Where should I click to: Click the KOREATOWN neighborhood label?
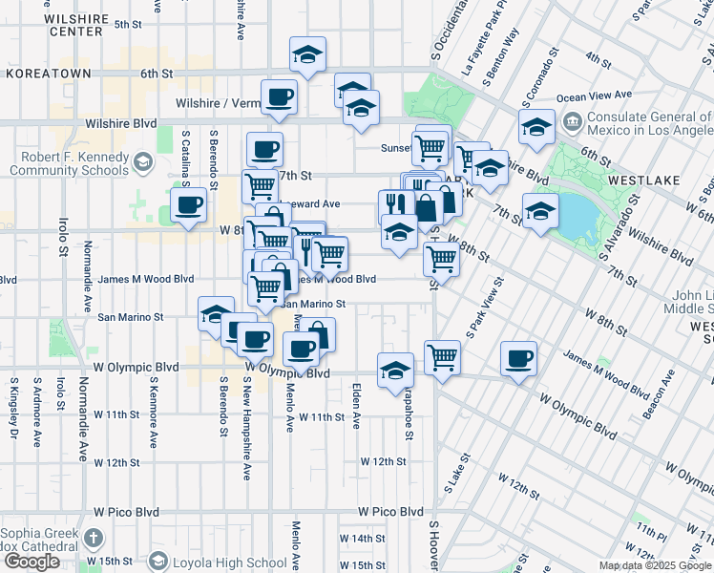48,73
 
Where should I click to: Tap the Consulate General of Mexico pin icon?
572,122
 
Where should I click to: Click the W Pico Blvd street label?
390,512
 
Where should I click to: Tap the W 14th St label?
366,539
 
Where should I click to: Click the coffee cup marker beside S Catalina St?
188,204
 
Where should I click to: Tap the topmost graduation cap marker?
307,54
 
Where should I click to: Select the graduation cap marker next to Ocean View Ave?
537,126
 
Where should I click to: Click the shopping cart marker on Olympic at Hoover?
442,358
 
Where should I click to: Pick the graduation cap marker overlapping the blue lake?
540,210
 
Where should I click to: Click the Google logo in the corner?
31,561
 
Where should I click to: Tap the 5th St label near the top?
127,24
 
